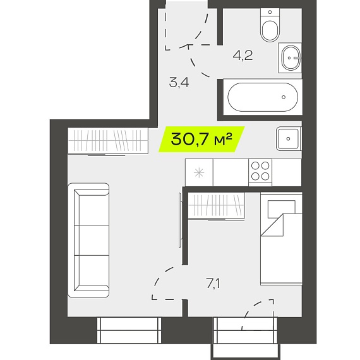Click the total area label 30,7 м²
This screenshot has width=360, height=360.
tap(201, 139)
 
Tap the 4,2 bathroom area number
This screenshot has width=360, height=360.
tap(243, 56)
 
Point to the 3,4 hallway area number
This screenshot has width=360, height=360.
tap(179, 83)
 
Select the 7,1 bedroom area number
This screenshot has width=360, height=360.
tap(213, 284)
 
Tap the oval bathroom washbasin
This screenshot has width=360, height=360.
tap(291, 57)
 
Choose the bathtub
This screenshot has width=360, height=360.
tap(263, 97)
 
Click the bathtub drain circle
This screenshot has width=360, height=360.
tap(284, 97)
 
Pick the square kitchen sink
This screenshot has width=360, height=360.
tap(288, 139)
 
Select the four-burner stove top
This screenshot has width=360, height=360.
tap(260, 171)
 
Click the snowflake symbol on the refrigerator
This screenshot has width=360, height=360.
tap(199, 172)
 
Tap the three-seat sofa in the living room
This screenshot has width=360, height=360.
tap(88, 240)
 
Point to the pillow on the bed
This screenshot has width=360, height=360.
tap(282, 209)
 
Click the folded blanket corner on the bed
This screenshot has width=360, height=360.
tap(272, 225)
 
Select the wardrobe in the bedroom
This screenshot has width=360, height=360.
tap(216, 207)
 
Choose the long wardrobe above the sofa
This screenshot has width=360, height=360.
tap(108, 140)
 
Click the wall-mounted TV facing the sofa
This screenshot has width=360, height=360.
tap(180, 220)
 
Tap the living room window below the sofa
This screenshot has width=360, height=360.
tap(129, 330)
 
